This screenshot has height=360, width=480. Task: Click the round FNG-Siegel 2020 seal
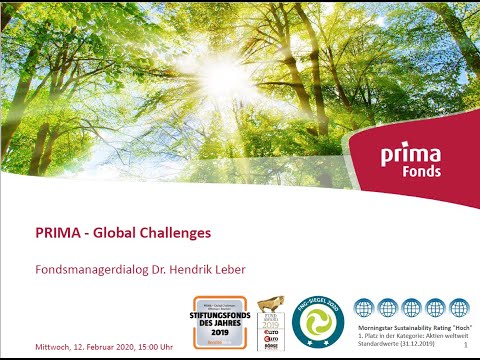click(x=321, y=321)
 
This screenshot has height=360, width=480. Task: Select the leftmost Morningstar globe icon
click(x=364, y=309)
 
